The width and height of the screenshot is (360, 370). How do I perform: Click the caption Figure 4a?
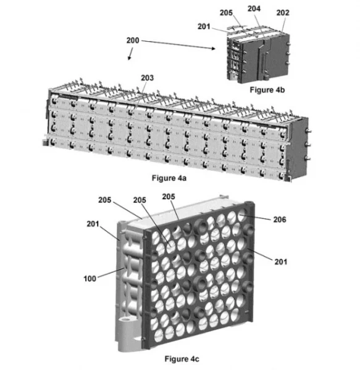click(x=169, y=178)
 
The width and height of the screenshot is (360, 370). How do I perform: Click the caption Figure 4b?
click(x=267, y=90)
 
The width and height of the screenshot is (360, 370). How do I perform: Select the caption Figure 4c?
click(x=182, y=359)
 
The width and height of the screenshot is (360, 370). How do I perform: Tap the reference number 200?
click(x=133, y=40)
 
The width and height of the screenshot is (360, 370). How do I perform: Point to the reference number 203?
click(x=147, y=78)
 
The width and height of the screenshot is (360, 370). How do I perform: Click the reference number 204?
click(x=254, y=9)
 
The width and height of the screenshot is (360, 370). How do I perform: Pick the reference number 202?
click(x=283, y=12)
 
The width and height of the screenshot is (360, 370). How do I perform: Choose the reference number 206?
click(x=280, y=220)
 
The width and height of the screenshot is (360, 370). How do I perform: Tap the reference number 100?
click(x=90, y=279)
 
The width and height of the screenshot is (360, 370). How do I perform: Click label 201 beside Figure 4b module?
click(x=204, y=27)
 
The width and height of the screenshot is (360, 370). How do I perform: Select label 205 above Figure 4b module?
click(x=226, y=12)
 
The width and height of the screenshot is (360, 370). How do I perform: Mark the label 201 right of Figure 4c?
click(x=280, y=261)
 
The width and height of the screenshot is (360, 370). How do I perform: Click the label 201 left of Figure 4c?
click(x=93, y=224)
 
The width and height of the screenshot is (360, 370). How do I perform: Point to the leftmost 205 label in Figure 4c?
click(x=104, y=200)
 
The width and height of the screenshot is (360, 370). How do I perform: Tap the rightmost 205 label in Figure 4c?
click(x=169, y=196)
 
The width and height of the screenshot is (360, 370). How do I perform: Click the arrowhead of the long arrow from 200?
click(x=214, y=48)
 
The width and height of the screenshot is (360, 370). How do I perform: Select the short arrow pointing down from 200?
click(x=130, y=54)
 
